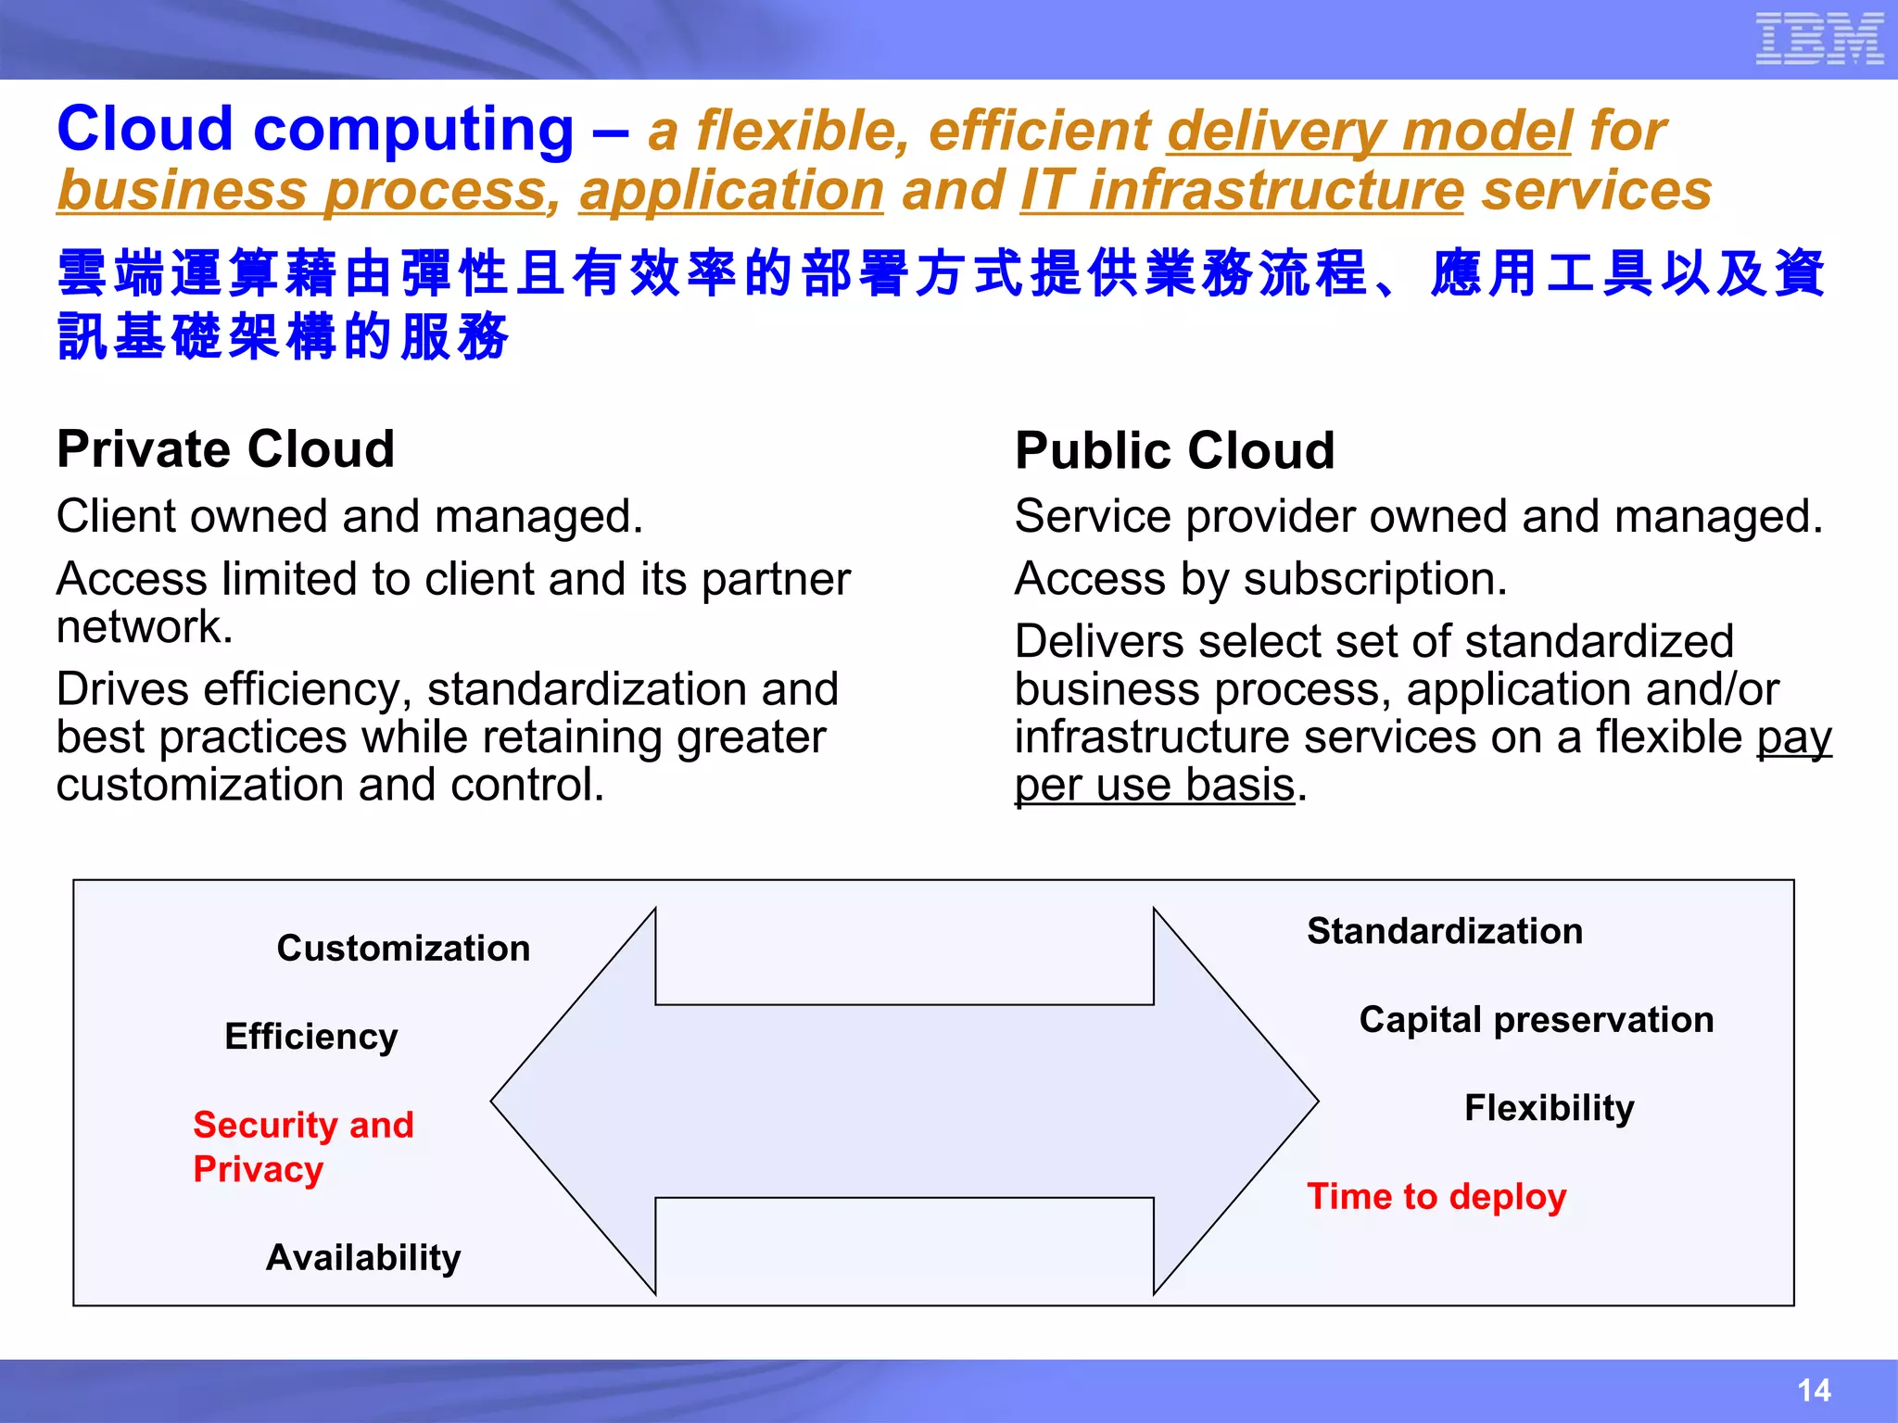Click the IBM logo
click(x=1818, y=39)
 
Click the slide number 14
click(x=1813, y=1390)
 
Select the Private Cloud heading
click(x=225, y=449)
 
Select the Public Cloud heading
click(x=1174, y=451)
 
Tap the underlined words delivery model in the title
click(x=1369, y=131)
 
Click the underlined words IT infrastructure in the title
click(x=1242, y=191)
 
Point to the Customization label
click(x=403, y=948)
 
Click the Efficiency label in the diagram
click(x=311, y=1036)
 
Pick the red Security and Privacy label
click(x=302, y=1146)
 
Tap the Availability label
click(x=363, y=1257)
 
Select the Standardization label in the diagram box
click(x=1445, y=931)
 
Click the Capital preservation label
click(x=1536, y=1019)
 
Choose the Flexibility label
click(x=1549, y=1107)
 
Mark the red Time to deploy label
click(x=1436, y=1196)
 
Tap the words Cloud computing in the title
click(x=315, y=129)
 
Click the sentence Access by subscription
click(x=1260, y=579)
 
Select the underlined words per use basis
click(x=1154, y=786)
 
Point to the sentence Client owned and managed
click(x=349, y=516)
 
